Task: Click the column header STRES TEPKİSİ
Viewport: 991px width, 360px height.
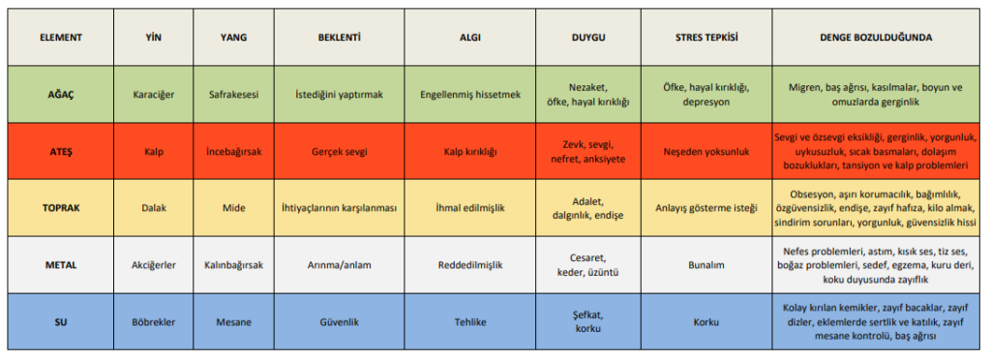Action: [x=706, y=38]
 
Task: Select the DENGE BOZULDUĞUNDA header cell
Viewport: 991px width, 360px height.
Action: [x=876, y=38]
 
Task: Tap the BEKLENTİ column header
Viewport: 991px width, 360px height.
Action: [x=339, y=38]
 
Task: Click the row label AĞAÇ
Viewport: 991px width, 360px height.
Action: [x=61, y=95]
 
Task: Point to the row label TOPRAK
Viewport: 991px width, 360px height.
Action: [x=61, y=208]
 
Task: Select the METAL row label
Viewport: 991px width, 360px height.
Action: [x=61, y=265]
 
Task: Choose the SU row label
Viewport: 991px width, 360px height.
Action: [x=61, y=322]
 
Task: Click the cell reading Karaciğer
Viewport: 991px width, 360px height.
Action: [x=154, y=95]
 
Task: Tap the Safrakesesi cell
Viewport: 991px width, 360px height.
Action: [x=232, y=95]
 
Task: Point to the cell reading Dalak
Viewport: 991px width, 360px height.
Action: [x=154, y=208]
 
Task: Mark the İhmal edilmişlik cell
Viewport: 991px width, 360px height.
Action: [x=469, y=208]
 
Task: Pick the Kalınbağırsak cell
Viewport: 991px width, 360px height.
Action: [x=232, y=265]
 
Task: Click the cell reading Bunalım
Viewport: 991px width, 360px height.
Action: [x=706, y=265]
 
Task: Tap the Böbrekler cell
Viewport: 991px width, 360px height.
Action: [x=154, y=322]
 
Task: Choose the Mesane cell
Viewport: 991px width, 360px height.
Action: [x=232, y=322]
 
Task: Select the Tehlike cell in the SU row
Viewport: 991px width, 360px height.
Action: [x=469, y=322]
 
